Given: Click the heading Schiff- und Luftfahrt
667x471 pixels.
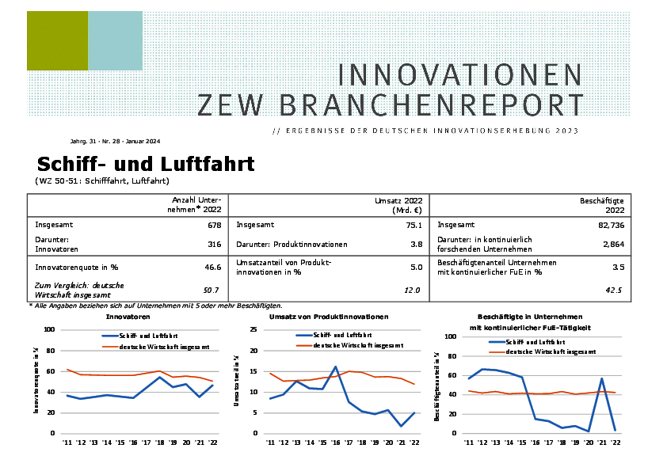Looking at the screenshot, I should pos(146,165).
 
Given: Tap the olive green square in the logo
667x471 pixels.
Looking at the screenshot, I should pos(57,40).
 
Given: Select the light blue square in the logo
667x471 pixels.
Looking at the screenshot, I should pos(115,40).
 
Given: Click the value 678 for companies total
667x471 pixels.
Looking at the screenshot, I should pos(215,225).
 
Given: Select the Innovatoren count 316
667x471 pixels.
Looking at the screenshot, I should pos(215,244).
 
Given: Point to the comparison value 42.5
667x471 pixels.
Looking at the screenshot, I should pos(613,291).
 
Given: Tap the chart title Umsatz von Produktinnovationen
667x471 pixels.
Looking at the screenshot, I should pos(329,317).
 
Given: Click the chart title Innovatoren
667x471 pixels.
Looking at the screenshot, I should pos(128,317).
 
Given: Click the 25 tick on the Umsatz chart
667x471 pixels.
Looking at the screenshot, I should pos(255,329).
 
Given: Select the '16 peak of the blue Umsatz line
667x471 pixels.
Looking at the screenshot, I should pos(336,367).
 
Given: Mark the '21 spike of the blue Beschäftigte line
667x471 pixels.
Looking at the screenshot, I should pos(602,378).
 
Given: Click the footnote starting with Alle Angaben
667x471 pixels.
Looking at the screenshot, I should pos(156,305).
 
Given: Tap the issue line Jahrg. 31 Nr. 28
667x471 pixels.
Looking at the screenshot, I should pos(115,142).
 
